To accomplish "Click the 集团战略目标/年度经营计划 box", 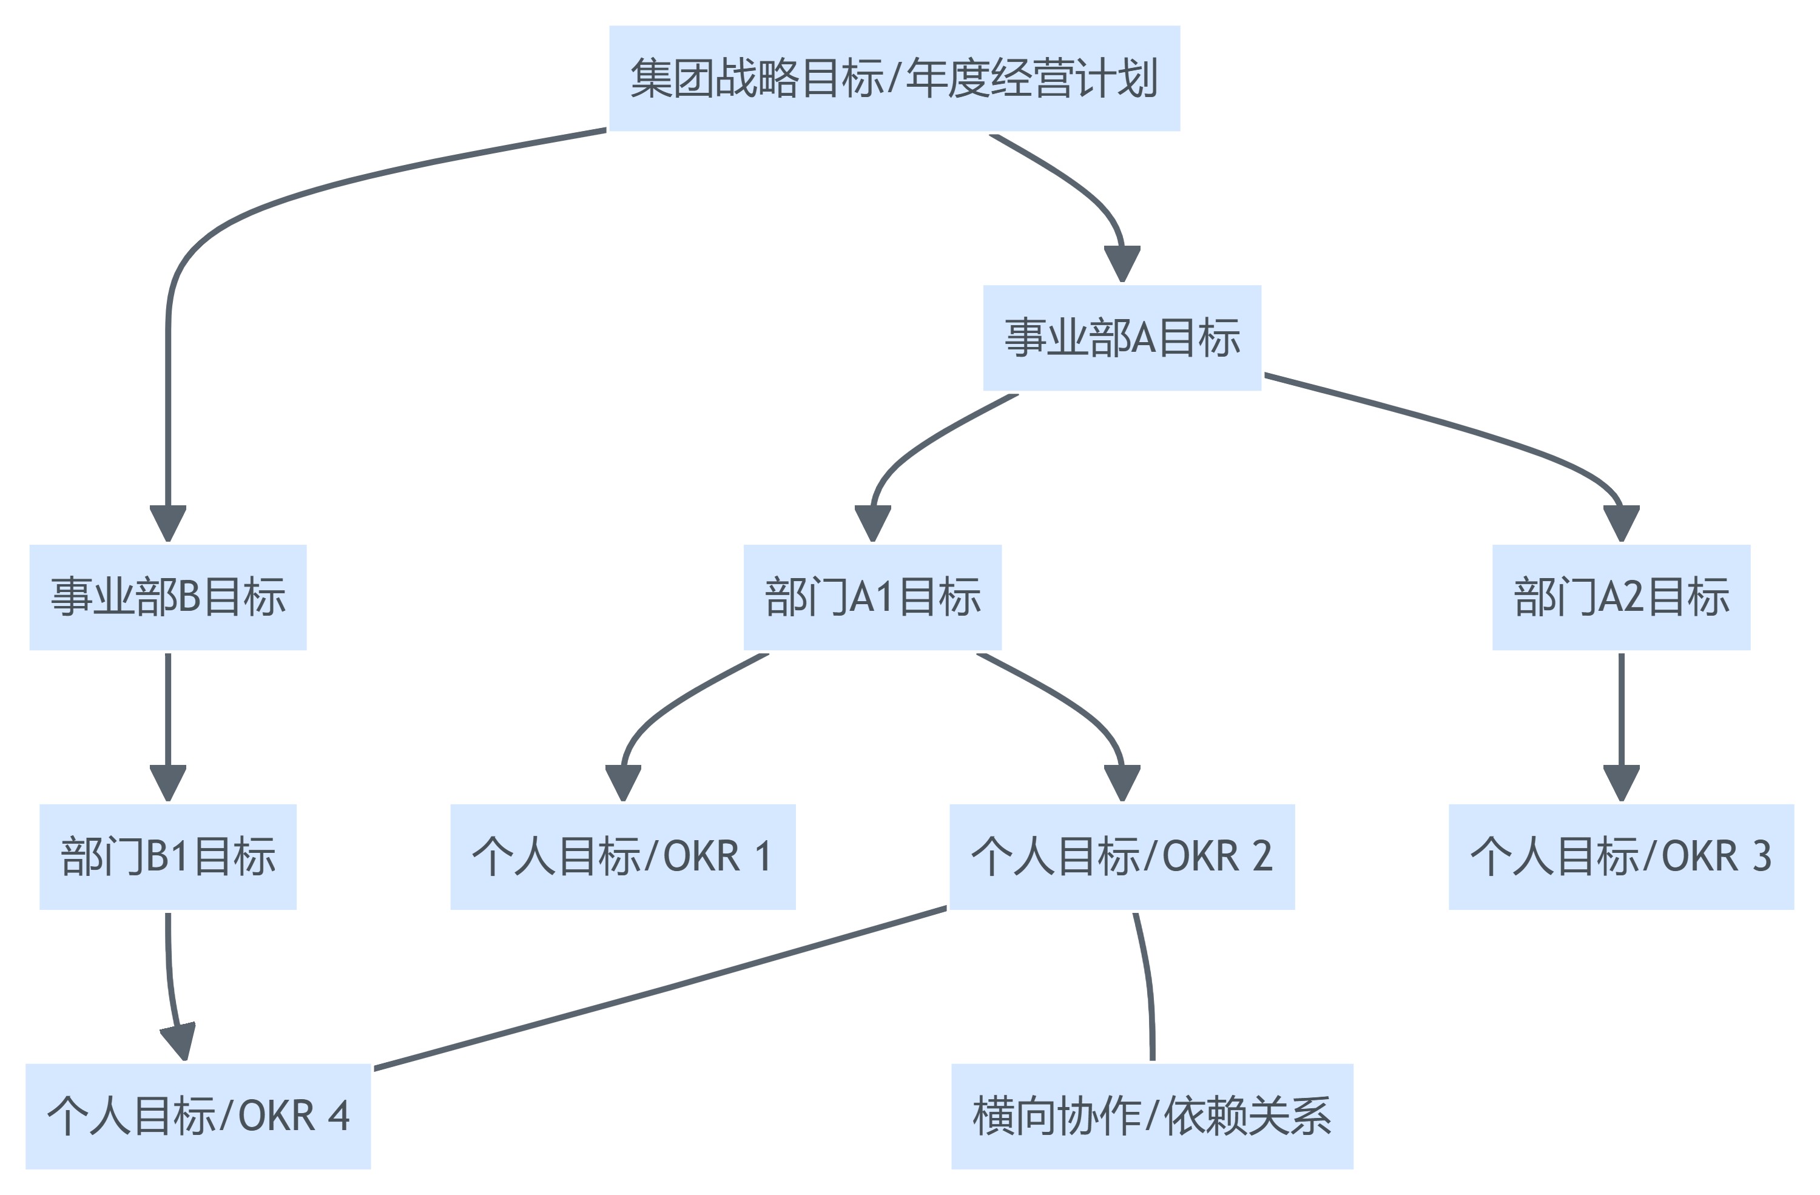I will [x=894, y=78].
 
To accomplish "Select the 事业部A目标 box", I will [x=1122, y=337].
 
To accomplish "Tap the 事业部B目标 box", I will [x=167, y=597].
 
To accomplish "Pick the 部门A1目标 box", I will [x=872, y=597].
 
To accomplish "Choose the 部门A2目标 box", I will [x=1621, y=597].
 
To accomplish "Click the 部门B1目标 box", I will [x=167, y=857].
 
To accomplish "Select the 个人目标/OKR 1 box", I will [x=622, y=857].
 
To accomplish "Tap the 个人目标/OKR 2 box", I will [x=1122, y=857].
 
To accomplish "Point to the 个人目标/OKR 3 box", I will [x=1621, y=857].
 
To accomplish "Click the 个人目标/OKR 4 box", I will [x=198, y=1116].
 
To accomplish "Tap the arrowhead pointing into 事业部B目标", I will [x=167, y=523].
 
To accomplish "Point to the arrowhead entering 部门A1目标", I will [x=872, y=523].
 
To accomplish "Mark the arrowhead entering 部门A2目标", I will [x=1621, y=523].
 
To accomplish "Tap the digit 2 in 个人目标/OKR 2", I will [x=1262, y=857].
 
